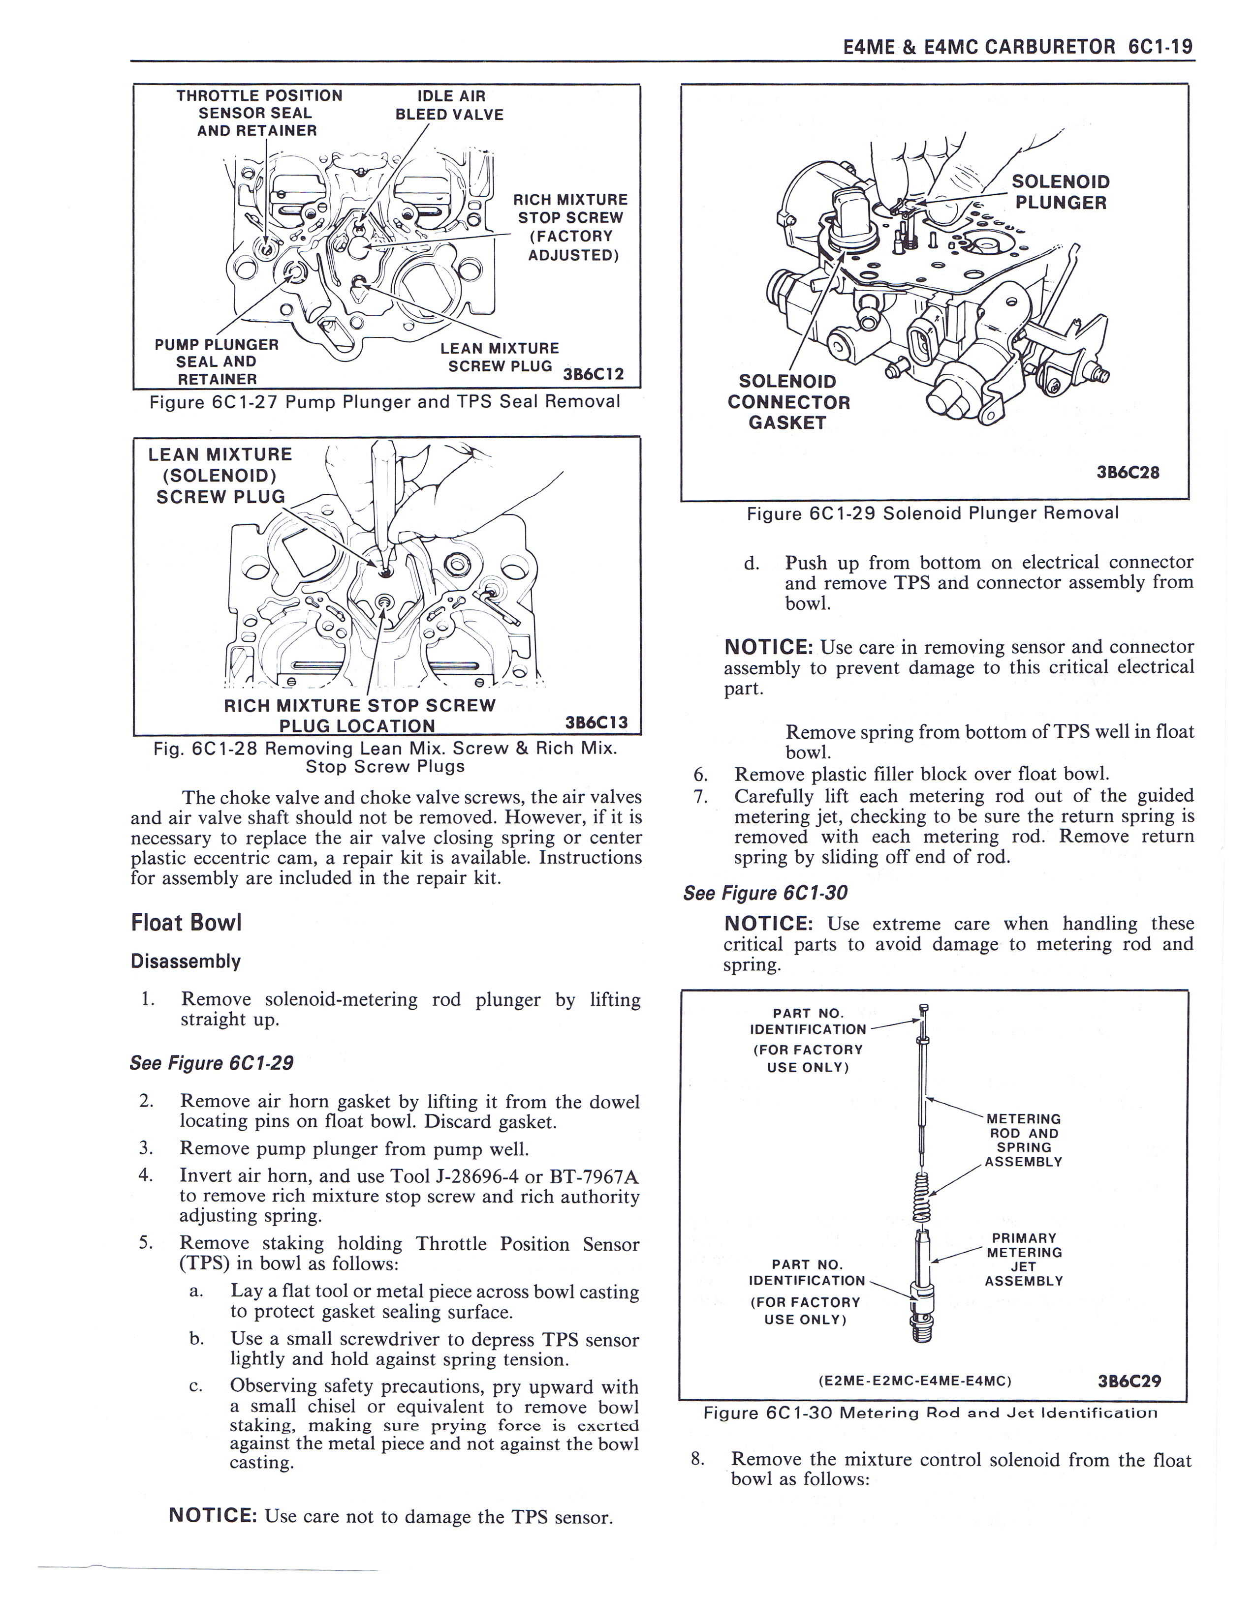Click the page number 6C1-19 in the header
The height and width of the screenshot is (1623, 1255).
pyautogui.click(x=1160, y=47)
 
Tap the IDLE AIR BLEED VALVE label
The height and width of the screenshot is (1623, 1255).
pyautogui.click(x=450, y=105)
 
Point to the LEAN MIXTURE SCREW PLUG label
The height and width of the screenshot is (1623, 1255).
pyautogui.click(x=500, y=358)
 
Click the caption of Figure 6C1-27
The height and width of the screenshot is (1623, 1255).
pyautogui.click(x=384, y=402)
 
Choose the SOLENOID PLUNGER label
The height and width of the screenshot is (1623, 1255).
pyautogui.click(x=1060, y=192)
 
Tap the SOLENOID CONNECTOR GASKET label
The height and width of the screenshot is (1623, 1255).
pyautogui.click(x=788, y=402)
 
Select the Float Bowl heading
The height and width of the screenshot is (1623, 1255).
pyautogui.click(x=187, y=923)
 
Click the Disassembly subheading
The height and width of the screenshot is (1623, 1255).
pyautogui.click(x=186, y=962)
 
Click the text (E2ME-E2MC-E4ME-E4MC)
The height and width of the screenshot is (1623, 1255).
pyautogui.click(x=914, y=1382)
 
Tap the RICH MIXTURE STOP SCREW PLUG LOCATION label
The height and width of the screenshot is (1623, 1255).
pyautogui.click(x=359, y=715)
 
